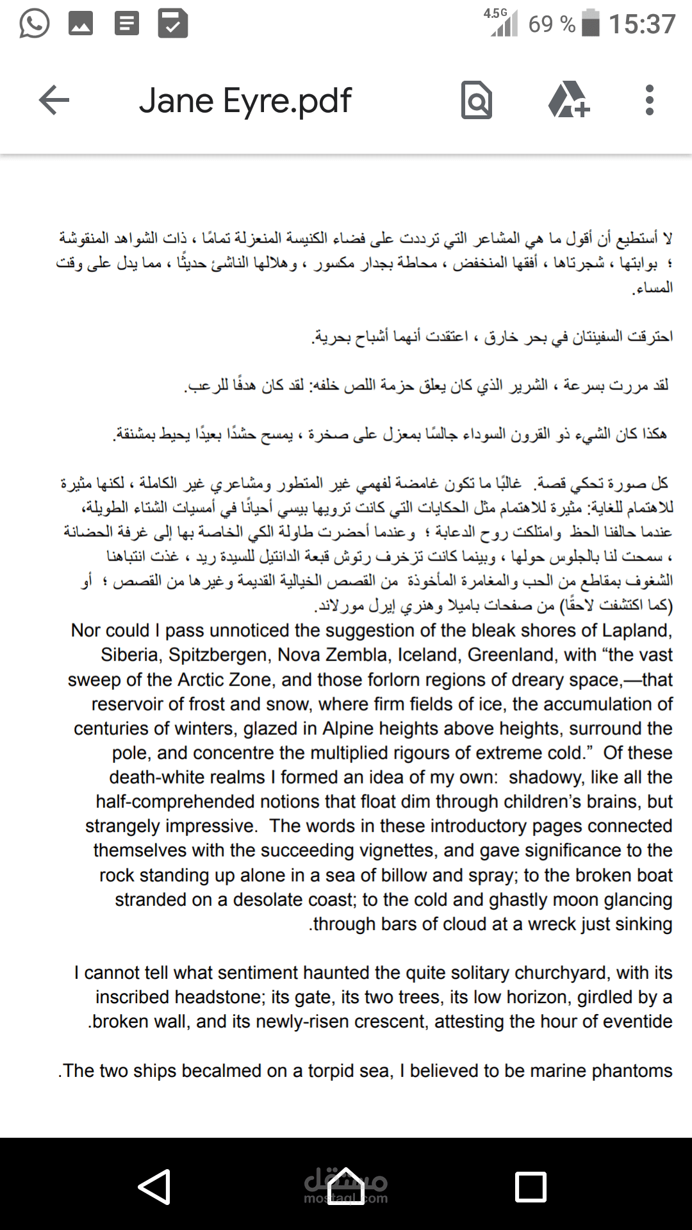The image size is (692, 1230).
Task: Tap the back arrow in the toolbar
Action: pos(54,101)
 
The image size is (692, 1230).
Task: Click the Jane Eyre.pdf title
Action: pos(245,101)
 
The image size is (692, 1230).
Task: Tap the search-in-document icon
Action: pos(477,101)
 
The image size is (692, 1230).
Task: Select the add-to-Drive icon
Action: pos(568,101)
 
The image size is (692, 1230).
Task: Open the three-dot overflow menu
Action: pos(650,101)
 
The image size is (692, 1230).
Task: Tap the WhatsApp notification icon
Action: pos(34,24)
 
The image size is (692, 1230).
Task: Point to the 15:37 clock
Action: pos(642,24)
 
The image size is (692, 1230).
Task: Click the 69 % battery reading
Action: pos(552,24)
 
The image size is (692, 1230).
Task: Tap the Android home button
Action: pos(346,1186)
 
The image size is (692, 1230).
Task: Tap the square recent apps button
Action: pos(531,1186)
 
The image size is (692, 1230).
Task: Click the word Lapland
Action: pos(636,630)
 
